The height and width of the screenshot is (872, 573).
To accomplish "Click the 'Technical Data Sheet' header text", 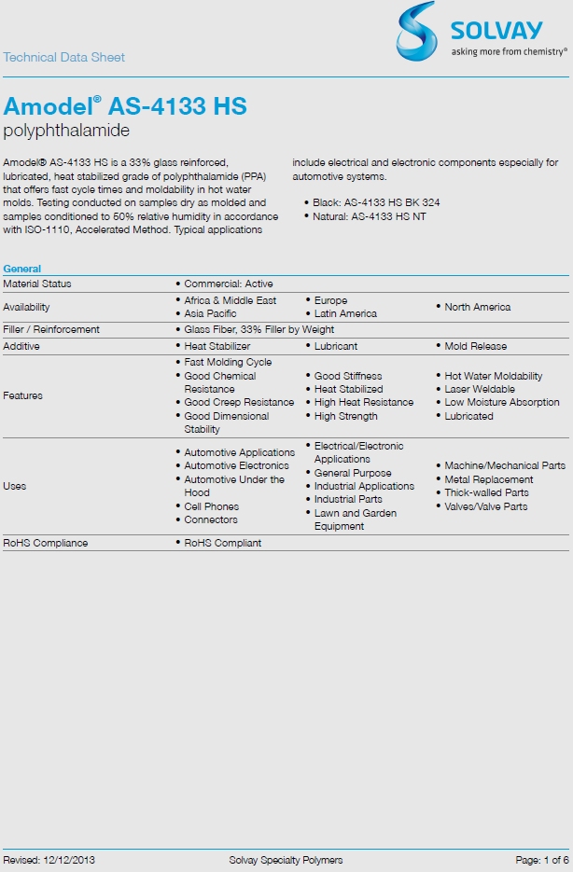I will coord(63,57).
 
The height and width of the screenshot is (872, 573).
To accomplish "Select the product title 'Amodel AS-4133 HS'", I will coord(125,106).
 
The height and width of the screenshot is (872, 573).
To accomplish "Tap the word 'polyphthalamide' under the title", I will coord(66,131).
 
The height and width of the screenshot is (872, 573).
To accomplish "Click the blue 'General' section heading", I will coord(21,269).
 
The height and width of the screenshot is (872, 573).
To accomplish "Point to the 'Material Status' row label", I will coord(37,284).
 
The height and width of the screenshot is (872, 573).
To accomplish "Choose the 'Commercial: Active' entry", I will coord(229,284).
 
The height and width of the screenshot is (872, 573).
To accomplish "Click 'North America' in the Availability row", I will coord(478,307).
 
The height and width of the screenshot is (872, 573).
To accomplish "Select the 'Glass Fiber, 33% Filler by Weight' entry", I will coord(259,329).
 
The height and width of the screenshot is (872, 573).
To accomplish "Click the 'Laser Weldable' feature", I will coord(480,389).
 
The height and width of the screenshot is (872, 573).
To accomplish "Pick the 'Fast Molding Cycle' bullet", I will coord(228,362).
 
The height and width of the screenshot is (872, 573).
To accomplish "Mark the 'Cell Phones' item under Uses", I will coord(211,506).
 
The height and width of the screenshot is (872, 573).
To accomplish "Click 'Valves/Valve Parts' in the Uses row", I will coord(486,506).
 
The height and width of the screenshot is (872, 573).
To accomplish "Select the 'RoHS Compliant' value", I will coord(223,543).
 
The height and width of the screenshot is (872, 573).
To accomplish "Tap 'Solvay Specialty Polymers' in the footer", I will coord(286,859).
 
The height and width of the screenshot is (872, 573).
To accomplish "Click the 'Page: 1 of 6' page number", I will coord(541,859).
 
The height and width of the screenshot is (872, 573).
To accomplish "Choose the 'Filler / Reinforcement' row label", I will coord(51,329).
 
